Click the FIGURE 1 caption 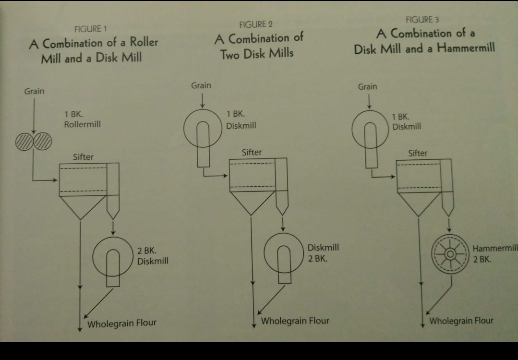tap(91, 29)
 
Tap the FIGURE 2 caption tap(256, 24)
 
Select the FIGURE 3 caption tap(422, 20)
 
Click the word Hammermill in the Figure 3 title tap(466, 48)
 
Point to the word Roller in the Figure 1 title tap(144, 42)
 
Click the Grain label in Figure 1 tap(34, 91)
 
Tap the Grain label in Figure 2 tap(201, 85)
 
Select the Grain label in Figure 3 tap(367, 86)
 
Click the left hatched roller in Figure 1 tap(24, 141)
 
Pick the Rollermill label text tap(82, 124)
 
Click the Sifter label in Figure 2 tap(252, 152)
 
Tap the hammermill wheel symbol tap(450, 254)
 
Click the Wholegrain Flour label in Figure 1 tap(122, 324)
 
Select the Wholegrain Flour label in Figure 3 tap(461, 321)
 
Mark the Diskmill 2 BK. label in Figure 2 tap(323, 253)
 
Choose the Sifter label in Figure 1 tap(83, 157)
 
